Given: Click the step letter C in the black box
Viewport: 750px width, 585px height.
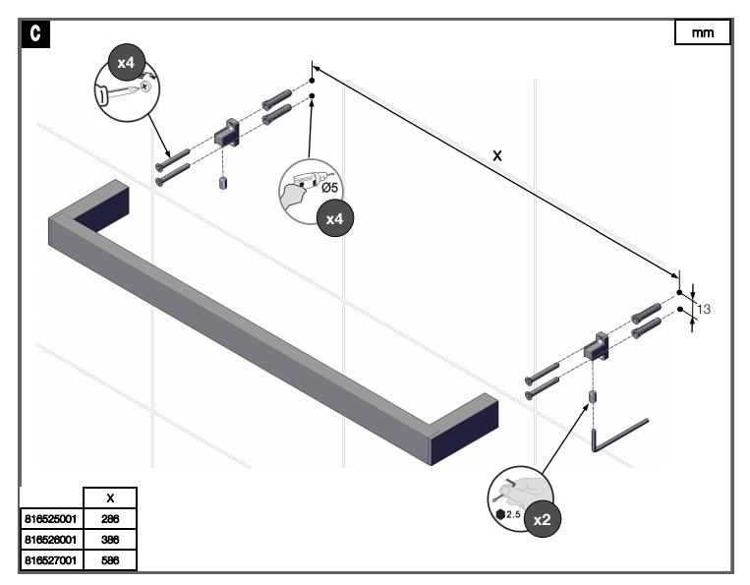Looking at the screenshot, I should (x=34, y=33).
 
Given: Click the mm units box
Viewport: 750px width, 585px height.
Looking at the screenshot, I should (x=703, y=32).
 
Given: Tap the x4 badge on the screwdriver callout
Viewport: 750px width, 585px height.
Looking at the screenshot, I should (x=126, y=61).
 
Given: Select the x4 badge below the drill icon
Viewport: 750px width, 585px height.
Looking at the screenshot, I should (x=334, y=218).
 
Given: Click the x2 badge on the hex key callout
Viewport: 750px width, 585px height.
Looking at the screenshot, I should (x=540, y=519).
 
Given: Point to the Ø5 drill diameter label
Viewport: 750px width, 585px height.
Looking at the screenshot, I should (x=330, y=188).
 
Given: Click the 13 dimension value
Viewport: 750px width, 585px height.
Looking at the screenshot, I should (x=704, y=309).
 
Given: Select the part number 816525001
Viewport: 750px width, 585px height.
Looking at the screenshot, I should (x=51, y=518).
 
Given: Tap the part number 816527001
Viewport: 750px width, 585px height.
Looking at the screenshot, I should (x=51, y=559).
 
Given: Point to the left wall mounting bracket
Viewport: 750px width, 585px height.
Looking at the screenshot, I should (x=228, y=133).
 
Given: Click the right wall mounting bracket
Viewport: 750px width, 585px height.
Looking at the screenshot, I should (x=598, y=345).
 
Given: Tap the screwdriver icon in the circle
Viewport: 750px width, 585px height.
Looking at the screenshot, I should (x=126, y=91).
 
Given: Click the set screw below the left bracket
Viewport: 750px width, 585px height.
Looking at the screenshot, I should (x=223, y=185).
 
